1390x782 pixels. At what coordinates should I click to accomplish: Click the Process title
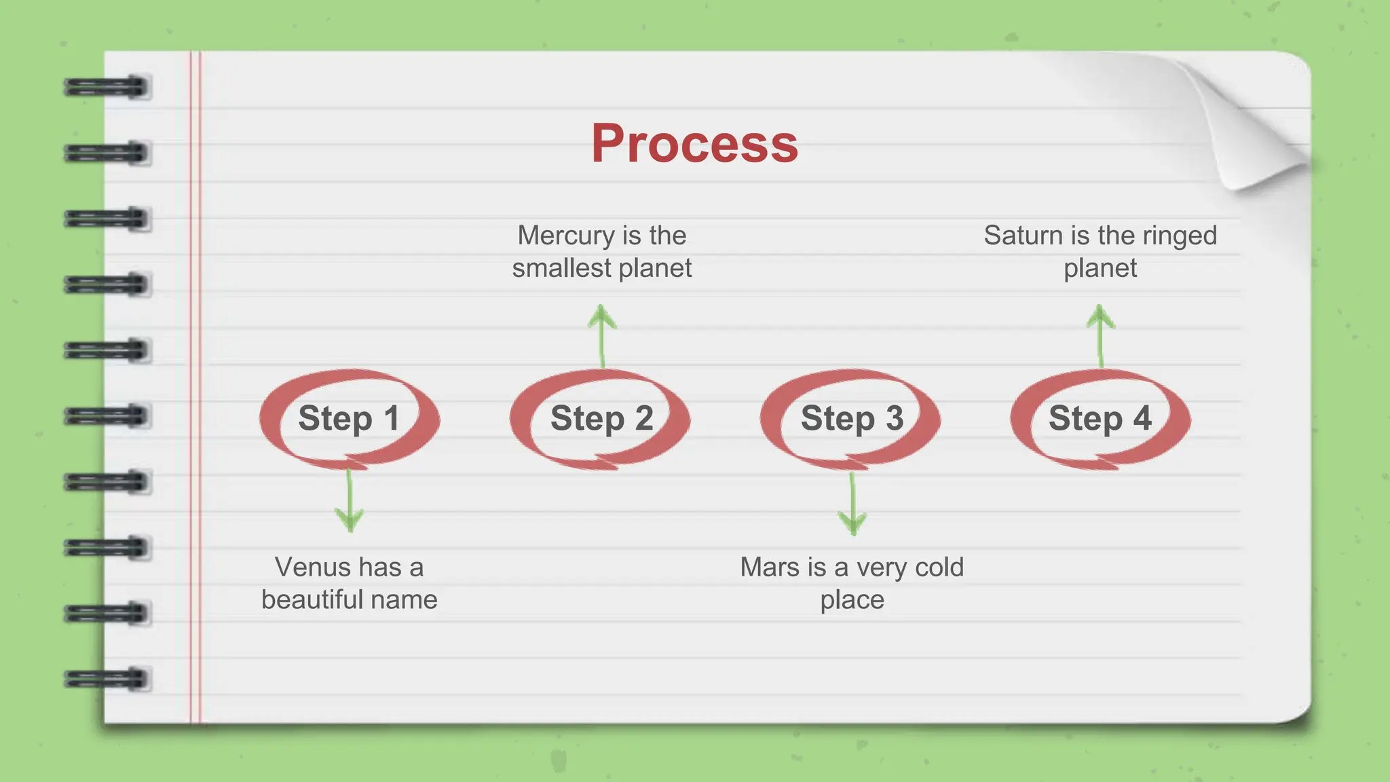[694, 143]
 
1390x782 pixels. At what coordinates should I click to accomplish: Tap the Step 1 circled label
[349, 418]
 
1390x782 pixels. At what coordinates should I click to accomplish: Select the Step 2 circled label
[601, 418]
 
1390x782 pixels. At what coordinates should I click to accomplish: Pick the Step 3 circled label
[852, 418]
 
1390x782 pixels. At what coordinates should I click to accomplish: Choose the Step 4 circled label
[1100, 418]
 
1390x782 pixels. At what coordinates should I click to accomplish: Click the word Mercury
[565, 236]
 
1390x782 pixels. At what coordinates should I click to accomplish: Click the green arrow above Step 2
[602, 336]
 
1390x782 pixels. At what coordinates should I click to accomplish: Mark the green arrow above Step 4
[1100, 336]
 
